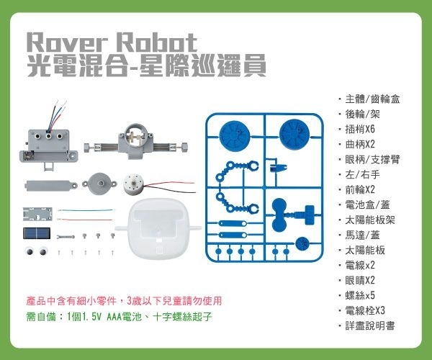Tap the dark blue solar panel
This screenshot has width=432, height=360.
(36, 235)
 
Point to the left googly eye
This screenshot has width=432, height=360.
(30, 251)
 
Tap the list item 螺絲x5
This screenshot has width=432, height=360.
(361, 296)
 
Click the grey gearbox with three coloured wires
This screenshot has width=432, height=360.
(49, 137)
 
